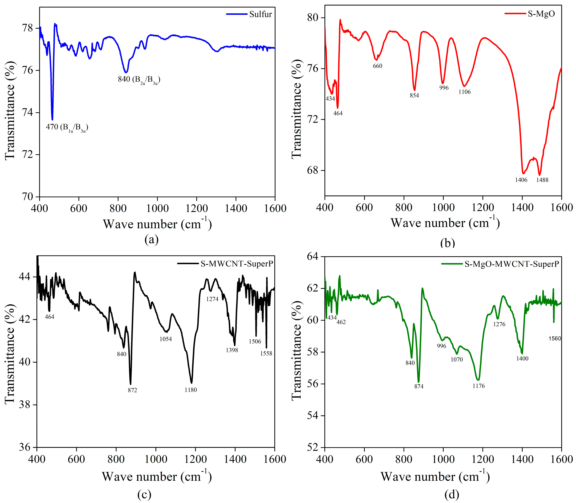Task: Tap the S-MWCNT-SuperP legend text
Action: tap(237, 264)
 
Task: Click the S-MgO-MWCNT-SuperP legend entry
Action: tap(511, 264)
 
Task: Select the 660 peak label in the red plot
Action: tap(377, 66)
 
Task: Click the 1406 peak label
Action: tap(521, 180)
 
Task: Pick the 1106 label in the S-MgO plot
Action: tap(465, 92)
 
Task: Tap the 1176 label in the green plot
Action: tap(478, 386)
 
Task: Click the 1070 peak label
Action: tap(457, 359)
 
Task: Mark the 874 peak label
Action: tap(419, 387)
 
